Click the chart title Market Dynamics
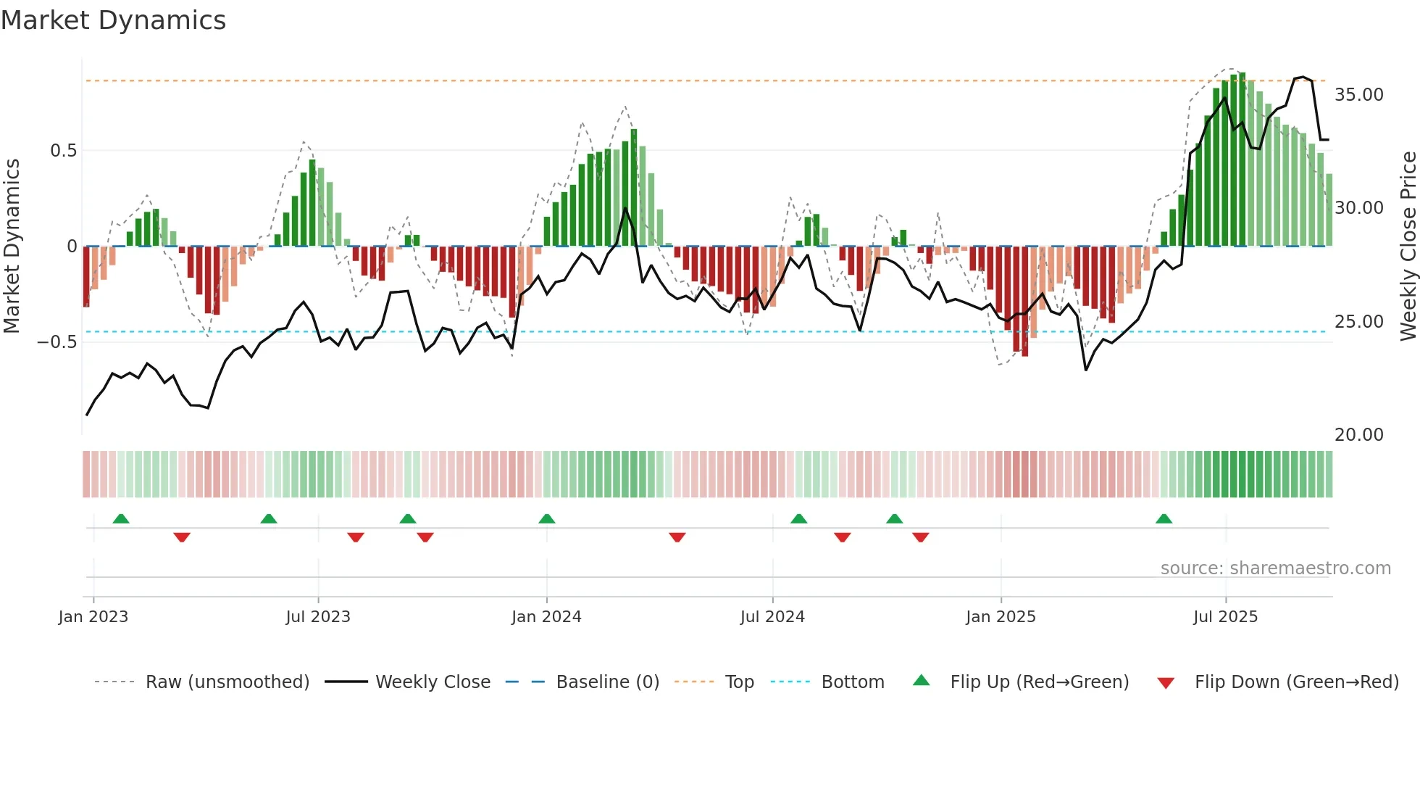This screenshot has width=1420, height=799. [x=113, y=20]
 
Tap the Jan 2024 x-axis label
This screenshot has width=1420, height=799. [x=546, y=617]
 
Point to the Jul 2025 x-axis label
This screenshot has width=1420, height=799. [x=1225, y=617]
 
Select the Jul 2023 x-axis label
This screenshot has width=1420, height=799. [x=318, y=617]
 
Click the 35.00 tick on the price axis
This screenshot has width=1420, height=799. [x=1358, y=95]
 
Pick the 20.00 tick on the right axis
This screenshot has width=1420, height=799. [x=1358, y=435]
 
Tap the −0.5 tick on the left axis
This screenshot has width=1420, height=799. [x=57, y=341]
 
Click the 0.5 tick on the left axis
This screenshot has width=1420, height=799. [x=63, y=151]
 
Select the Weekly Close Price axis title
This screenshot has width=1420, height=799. [x=1408, y=246]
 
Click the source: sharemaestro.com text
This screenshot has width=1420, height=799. [x=1275, y=568]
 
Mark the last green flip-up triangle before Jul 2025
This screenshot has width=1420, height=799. [x=1164, y=519]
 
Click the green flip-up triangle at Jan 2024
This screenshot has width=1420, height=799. [x=547, y=519]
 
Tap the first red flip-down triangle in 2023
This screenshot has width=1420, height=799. [x=182, y=537]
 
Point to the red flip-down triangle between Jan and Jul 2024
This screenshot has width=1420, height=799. [x=677, y=537]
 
